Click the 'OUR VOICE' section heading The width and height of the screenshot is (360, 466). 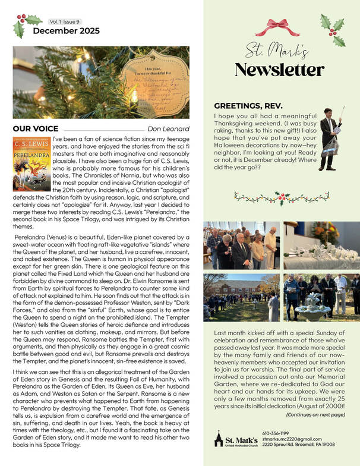tap(36, 128)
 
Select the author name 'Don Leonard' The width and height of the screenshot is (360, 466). tap(168, 129)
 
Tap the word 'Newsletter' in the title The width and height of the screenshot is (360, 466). tap(279, 69)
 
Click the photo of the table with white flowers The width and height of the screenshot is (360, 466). tap(321, 245)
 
